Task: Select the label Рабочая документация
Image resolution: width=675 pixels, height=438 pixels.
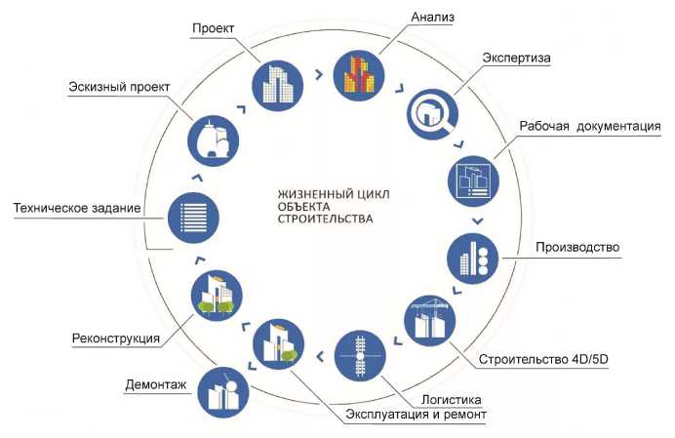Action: coord(591,127)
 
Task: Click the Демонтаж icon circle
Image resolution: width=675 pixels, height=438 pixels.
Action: coord(222,393)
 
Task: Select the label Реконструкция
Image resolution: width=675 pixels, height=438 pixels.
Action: coord(116,338)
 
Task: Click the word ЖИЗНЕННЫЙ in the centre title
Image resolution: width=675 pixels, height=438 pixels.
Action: coord(304,193)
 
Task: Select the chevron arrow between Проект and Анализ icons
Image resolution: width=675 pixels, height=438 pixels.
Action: coord(319,73)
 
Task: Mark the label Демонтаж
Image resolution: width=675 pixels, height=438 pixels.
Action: coord(155,384)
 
